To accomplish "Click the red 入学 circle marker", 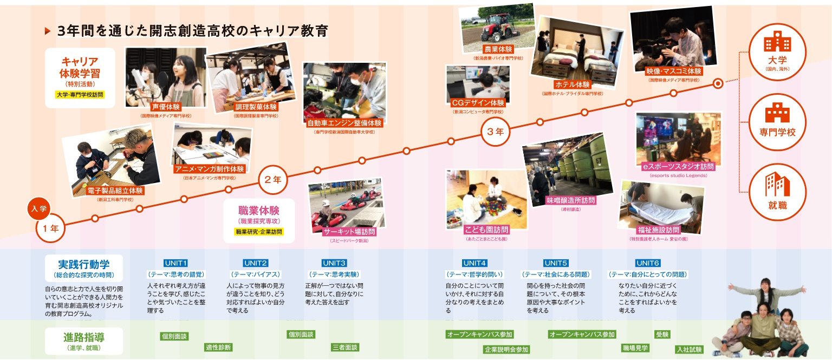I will tap(39, 208).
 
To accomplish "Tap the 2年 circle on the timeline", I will tap(272, 180).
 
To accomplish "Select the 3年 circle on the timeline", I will tap(495, 131).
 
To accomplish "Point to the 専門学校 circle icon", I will tap(776, 119).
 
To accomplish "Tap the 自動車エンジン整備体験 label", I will tap(344, 123).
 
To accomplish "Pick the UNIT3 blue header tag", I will tap(334, 263).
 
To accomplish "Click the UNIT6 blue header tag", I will tap(648, 263).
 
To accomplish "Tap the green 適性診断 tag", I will tap(218, 347).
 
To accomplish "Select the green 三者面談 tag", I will tap(344, 347).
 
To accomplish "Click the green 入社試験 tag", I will tap(689, 349).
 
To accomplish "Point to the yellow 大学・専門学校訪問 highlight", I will tap(80, 95).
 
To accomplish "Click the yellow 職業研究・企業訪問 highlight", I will tap(259, 232).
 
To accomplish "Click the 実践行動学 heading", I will tap(84, 264).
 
